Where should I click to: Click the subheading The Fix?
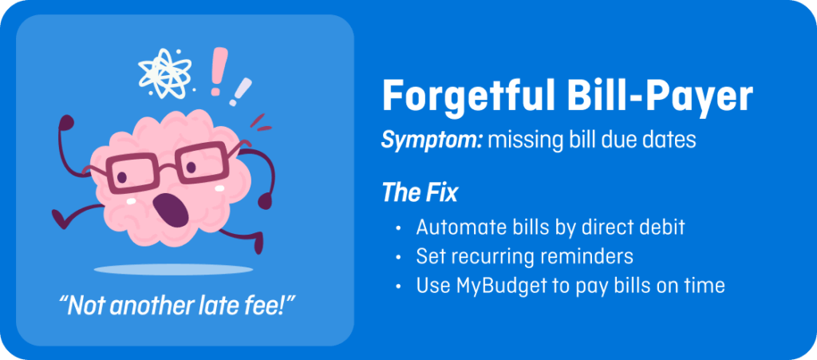tap(420, 192)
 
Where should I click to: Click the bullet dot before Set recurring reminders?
tap(399, 257)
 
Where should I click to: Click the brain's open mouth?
tap(172, 209)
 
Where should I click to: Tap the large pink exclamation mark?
tap(219, 71)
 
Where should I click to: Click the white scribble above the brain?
tap(165, 74)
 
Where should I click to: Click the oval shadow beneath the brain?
tap(173, 269)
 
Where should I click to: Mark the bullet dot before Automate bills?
tap(399, 228)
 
